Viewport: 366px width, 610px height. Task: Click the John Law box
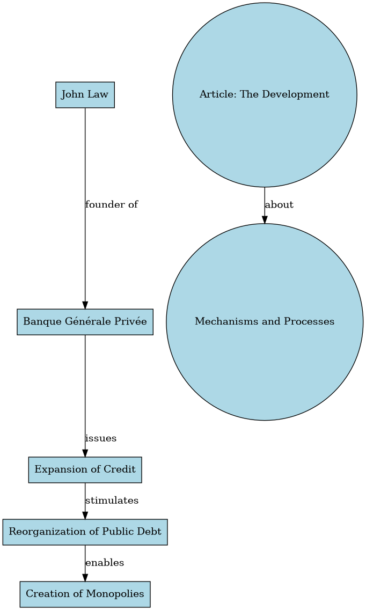point(85,95)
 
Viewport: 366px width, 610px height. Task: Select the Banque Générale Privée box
point(85,322)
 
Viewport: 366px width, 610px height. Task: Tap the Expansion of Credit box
point(85,470)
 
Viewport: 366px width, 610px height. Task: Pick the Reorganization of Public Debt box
point(85,532)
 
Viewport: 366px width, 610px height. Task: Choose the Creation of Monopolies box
point(85,594)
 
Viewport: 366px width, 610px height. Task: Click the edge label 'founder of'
point(112,204)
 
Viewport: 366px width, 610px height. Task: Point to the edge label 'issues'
point(101,438)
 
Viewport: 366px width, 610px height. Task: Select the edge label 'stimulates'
point(112,501)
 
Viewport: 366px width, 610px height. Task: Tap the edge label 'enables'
point(105,563)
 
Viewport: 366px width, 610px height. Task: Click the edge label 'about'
point(279,205)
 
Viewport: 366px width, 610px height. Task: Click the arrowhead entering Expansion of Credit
point(85,452)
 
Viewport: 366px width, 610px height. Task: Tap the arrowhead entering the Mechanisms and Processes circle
point(265,219)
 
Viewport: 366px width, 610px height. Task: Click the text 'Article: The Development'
point(264,95)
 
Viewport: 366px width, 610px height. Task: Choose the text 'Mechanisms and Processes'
point(265,322)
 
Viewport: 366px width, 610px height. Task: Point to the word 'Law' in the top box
point(99,95)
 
